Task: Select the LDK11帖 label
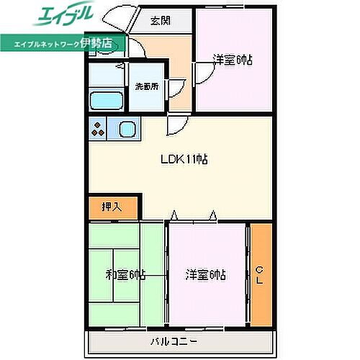(184, 160)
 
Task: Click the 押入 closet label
(111, 207)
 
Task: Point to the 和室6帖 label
(126, 274)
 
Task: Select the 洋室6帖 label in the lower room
(206, 274)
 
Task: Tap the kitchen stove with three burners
(99, 130)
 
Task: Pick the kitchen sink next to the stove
(127, 130)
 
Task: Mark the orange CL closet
(261, 275)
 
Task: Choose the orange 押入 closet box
(111, 207)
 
